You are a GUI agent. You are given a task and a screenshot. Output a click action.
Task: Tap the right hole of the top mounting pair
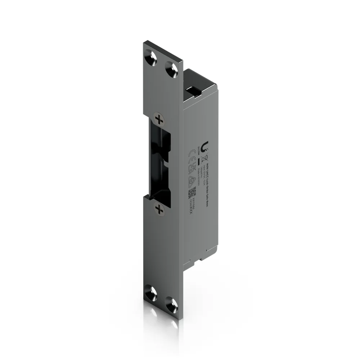pyautogui.click(x=172, y=68)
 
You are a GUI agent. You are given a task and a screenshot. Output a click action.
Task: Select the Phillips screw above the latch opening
pyautogui.click(x=158, y=119)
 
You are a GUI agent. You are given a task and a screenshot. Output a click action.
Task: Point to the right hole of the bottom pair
pyautogui.click(x=172, y=304)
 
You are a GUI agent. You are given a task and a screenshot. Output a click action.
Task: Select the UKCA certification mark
pyautogui.click(x=191, y=167)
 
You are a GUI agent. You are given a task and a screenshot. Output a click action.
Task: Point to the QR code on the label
pyautogui.click(x=192, y=193)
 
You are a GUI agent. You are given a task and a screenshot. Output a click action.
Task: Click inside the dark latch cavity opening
pyautogui.click(x=161, y=162)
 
